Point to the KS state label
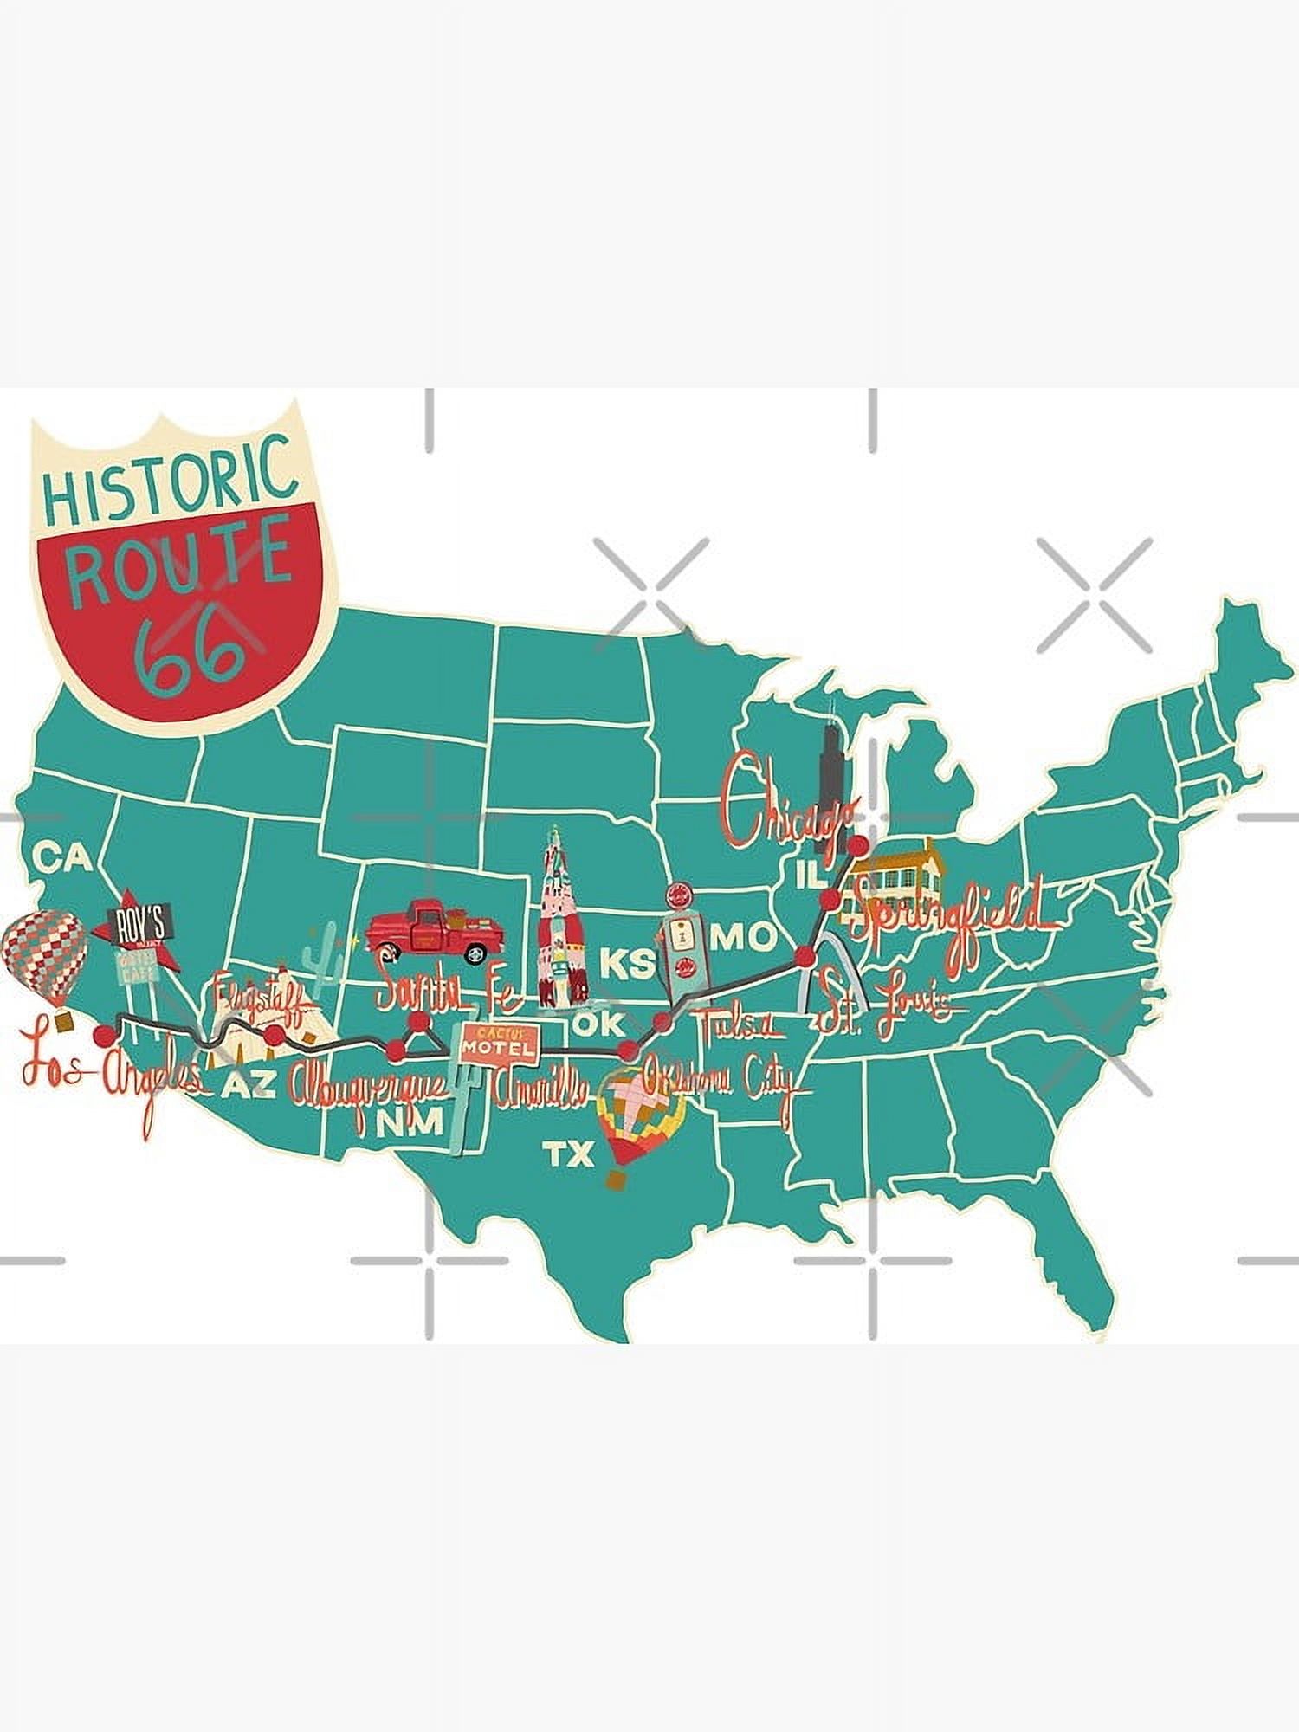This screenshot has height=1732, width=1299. click(627, 964)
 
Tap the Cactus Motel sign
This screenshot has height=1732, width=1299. click(497, 1043)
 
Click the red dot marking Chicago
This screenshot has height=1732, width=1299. click(857, 844)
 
